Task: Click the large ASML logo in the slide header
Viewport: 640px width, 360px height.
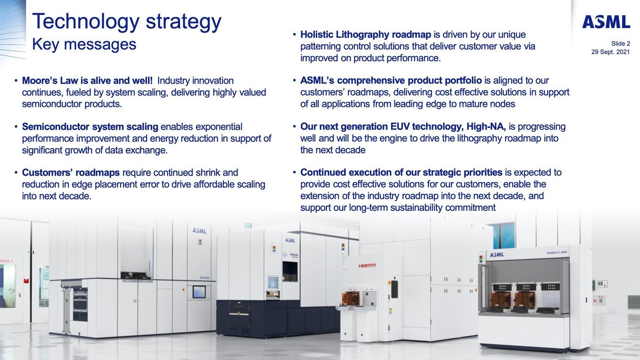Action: (606, 22)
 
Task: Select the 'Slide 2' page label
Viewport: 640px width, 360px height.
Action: (621, 43)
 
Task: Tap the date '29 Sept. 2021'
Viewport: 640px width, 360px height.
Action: (610, 52)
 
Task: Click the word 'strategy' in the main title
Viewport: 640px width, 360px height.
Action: (184, 22)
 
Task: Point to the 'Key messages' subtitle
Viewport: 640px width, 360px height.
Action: (84, 44)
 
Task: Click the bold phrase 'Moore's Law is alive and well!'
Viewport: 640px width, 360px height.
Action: (87, 80)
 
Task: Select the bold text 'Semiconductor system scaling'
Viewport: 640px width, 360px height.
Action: (90, 127)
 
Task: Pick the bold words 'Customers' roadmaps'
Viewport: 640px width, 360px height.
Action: (71, 173)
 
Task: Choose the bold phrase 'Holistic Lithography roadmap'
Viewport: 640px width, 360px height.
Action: (366, 34)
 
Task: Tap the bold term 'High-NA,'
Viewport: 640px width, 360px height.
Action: (486, 127)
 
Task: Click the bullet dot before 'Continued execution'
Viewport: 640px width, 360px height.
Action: (294, 173)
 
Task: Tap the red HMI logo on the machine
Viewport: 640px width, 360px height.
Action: (367, 266)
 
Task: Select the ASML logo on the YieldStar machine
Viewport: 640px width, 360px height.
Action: (497, 255)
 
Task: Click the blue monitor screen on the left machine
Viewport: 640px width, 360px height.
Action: (199, 292)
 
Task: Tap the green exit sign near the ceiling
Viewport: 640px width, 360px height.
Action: (248, 225)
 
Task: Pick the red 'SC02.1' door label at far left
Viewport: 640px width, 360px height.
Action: (6, 261)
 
